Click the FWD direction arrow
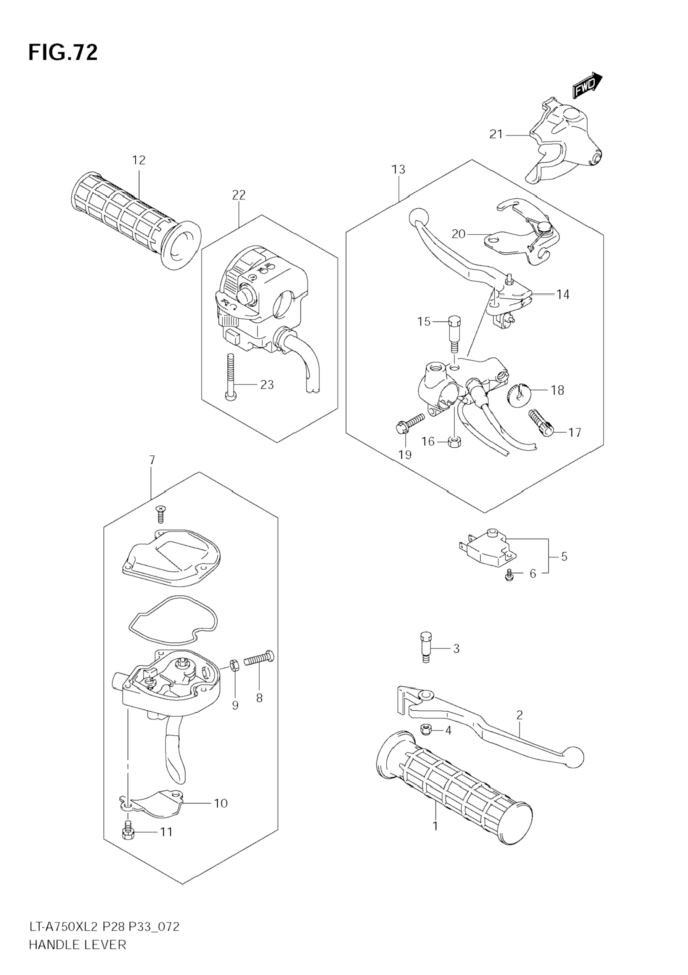coord(587,87)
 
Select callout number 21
coord(496,135)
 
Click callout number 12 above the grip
coord(138,160)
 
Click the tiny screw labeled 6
coord(510,575)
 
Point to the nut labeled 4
coord(426,730)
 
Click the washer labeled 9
coord(235,665)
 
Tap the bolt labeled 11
coord(128,833)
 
